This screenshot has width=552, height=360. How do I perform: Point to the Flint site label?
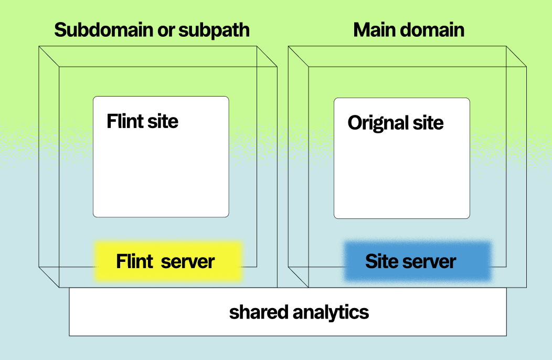pos(142,121)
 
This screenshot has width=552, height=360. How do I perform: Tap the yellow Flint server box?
pos(168,261)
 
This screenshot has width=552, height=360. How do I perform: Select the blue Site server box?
pos(417,261)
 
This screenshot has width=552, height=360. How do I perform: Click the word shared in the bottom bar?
pos(259,312)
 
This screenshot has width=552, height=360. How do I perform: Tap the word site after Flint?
pos(162,121)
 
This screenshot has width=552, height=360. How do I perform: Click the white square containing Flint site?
pos(161,173)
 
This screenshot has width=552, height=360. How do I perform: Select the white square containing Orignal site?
pos(401,173)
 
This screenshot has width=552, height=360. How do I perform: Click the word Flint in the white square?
pos(125,121)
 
